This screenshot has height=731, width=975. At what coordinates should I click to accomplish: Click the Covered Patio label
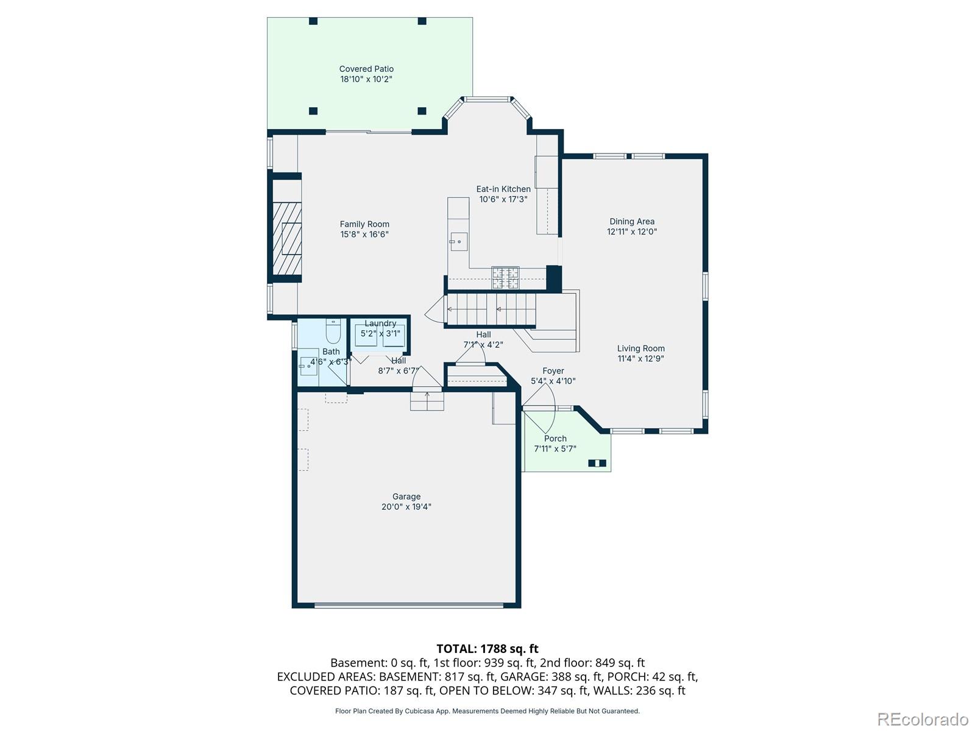(366, 69)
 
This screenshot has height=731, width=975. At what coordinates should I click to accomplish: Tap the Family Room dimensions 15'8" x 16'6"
(364, 235)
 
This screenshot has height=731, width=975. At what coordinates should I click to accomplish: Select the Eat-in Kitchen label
(503, 189)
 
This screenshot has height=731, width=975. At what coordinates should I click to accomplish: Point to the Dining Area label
(632, 222)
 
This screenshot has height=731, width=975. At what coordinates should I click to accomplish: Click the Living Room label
(640, 348)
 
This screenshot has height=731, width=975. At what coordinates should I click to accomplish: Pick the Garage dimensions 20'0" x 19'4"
(406, 506)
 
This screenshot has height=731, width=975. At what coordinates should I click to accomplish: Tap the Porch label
(555, 439)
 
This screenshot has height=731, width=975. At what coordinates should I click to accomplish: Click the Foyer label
(553, 370)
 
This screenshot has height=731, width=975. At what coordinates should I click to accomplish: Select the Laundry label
(380, 323)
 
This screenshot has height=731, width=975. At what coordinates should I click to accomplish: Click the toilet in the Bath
(333, 331)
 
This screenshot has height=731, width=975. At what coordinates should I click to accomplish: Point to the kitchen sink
(459, 241)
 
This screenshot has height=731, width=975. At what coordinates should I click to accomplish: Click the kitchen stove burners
(505, 278)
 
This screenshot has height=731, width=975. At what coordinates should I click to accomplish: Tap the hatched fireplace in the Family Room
(287, 239)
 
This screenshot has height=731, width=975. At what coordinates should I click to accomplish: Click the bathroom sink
(309, 365)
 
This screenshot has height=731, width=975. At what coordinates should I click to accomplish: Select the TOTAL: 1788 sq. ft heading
(487, 649)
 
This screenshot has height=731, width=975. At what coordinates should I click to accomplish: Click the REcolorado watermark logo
(923, 719)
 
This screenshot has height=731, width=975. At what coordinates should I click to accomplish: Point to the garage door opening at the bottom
(409, 605)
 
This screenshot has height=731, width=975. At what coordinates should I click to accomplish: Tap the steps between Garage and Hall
(427, 401)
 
